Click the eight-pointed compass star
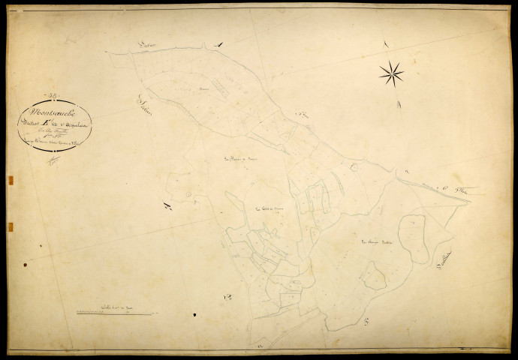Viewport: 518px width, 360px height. (391, 73)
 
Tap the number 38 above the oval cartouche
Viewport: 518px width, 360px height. (53, 95)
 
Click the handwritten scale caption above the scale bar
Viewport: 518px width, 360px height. (110, 306)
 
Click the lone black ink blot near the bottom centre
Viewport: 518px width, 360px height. (194, 315)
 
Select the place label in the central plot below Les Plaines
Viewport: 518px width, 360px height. (267, 209)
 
